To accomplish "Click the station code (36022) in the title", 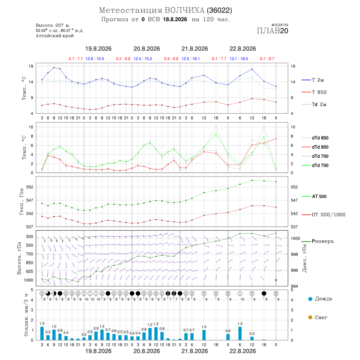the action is pos(220,10).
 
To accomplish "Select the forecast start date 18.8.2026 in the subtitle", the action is pos(175,20).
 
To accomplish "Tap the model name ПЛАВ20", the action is pos(272,31).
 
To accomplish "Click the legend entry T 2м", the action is pos(318,80).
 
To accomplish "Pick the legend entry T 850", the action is pos(319,92).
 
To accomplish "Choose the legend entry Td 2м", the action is pos(319,104).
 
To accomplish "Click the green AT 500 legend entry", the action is pos(319,196).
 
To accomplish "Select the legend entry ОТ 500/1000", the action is pos(328,215).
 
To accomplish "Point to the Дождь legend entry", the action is pos(324,299).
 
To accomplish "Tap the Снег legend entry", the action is pos(321,318).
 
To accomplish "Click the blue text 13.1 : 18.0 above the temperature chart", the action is pos(239,59).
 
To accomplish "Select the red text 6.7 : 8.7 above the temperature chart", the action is pos(267,59).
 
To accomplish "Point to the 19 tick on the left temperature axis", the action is pos(31,66).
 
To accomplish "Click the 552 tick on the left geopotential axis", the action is pos(30,187).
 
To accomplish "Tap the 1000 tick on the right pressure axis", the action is pos(295,238).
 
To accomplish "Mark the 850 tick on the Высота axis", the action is pos(29,263).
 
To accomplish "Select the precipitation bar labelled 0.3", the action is pos(252,338).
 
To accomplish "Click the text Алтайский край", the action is pos(55,36).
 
